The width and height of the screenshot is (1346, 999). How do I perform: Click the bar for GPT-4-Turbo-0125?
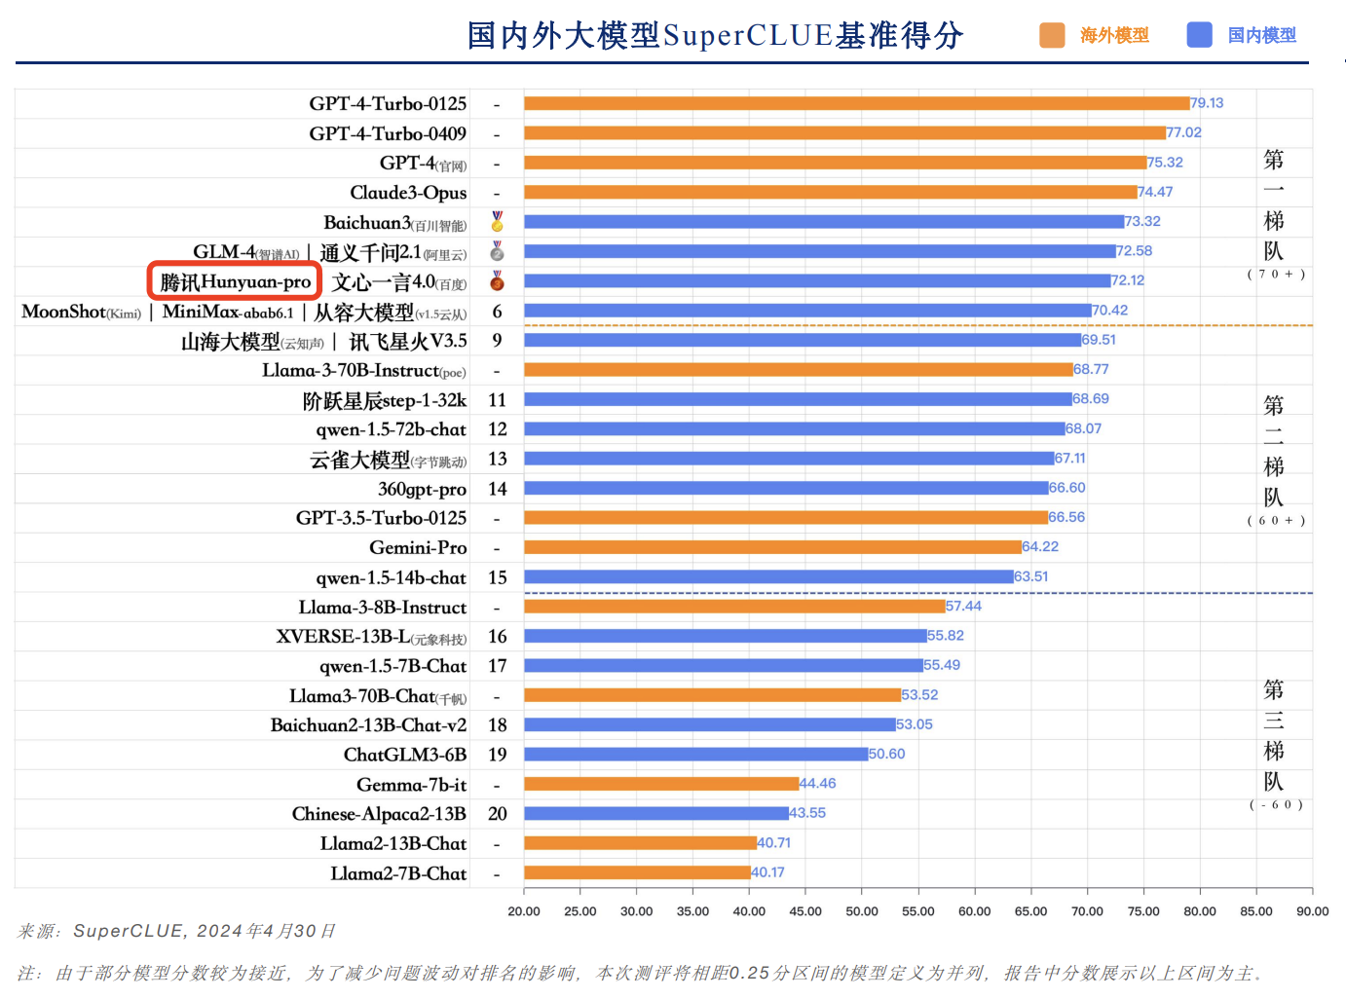click(856, 103)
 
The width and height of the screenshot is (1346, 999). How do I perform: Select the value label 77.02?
click(1184, 132)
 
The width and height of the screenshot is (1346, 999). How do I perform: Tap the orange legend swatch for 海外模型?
click(1052, 35)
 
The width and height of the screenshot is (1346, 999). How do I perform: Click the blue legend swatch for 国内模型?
click(1199, 35)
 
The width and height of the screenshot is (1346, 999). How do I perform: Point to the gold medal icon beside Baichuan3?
click(497, 222)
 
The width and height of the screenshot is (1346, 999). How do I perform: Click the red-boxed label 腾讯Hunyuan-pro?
click(235, 281)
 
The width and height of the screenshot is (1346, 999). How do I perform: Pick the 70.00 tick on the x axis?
click(1087, 911)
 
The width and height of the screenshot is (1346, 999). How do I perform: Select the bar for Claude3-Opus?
click(830, 192)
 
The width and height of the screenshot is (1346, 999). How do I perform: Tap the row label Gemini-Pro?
click(418, 548)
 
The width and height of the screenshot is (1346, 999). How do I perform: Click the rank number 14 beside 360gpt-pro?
click(497, 489)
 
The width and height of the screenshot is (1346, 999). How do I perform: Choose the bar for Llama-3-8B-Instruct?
click(734, 607)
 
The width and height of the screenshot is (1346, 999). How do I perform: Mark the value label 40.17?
click(767, 872)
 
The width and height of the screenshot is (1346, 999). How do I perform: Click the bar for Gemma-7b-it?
click(661, 784)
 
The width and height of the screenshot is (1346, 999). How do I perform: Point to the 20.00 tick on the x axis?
click(524, 911)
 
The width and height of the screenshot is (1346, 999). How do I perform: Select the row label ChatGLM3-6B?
click(405, 755)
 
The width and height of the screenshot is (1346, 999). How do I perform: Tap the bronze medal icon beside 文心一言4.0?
click(497, 281)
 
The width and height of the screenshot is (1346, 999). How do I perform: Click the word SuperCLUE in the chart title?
click(748, 36)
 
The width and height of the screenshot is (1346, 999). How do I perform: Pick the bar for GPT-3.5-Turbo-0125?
click(786, 518)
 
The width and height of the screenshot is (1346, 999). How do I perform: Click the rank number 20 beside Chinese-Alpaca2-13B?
click(497, 814)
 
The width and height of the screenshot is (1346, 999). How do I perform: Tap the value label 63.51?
click(1031, 576)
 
